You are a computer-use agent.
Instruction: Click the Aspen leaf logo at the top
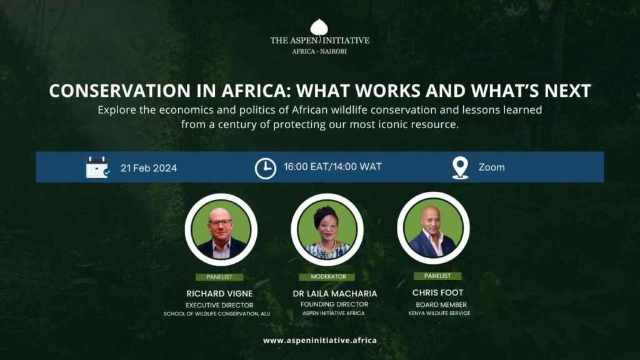319,27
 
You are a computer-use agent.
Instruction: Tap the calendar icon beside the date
97,167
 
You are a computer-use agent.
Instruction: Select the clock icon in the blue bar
265,168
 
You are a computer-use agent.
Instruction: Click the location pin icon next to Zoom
460,167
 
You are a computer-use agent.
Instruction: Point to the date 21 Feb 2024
149,168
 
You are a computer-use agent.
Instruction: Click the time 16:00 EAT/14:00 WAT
332,166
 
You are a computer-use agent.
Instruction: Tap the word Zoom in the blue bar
491,167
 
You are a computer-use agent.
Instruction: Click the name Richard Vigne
219,294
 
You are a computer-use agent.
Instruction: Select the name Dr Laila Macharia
335,294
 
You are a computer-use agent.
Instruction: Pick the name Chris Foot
437,292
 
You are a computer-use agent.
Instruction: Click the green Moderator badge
327,277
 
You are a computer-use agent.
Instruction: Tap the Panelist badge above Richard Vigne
219,277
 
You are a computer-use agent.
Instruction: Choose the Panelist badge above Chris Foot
437,276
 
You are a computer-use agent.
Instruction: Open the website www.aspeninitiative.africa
319,341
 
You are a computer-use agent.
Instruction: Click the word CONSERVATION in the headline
119,91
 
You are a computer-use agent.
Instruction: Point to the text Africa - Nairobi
319,51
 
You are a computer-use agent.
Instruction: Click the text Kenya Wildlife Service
439,313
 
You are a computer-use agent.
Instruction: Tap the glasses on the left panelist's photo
220,223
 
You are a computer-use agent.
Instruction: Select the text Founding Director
334,304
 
